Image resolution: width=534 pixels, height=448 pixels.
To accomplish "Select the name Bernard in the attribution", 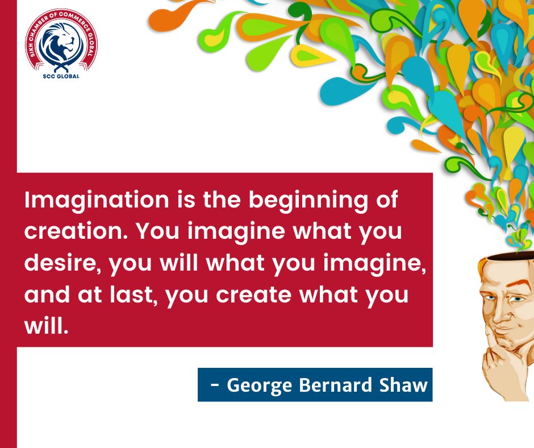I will tap(329, 385).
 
